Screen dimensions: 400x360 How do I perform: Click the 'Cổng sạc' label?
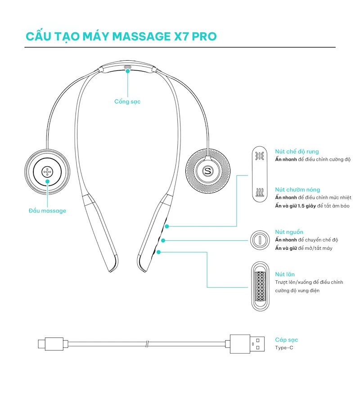127,102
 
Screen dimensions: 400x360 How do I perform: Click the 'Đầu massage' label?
47,211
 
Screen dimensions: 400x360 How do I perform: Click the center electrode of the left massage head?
47,171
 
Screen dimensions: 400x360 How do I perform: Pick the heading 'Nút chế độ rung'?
297,152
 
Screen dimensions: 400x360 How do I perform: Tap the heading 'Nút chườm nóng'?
297,190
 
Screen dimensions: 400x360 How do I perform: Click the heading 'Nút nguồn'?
289,232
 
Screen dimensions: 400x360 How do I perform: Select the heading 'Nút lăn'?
285,274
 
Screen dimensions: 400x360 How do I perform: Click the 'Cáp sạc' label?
286,340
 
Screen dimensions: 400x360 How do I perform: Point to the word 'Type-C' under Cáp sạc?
284,347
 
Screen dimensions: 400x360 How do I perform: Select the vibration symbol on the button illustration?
260,156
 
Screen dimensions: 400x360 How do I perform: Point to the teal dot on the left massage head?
47,181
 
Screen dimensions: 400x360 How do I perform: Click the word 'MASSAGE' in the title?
135,36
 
